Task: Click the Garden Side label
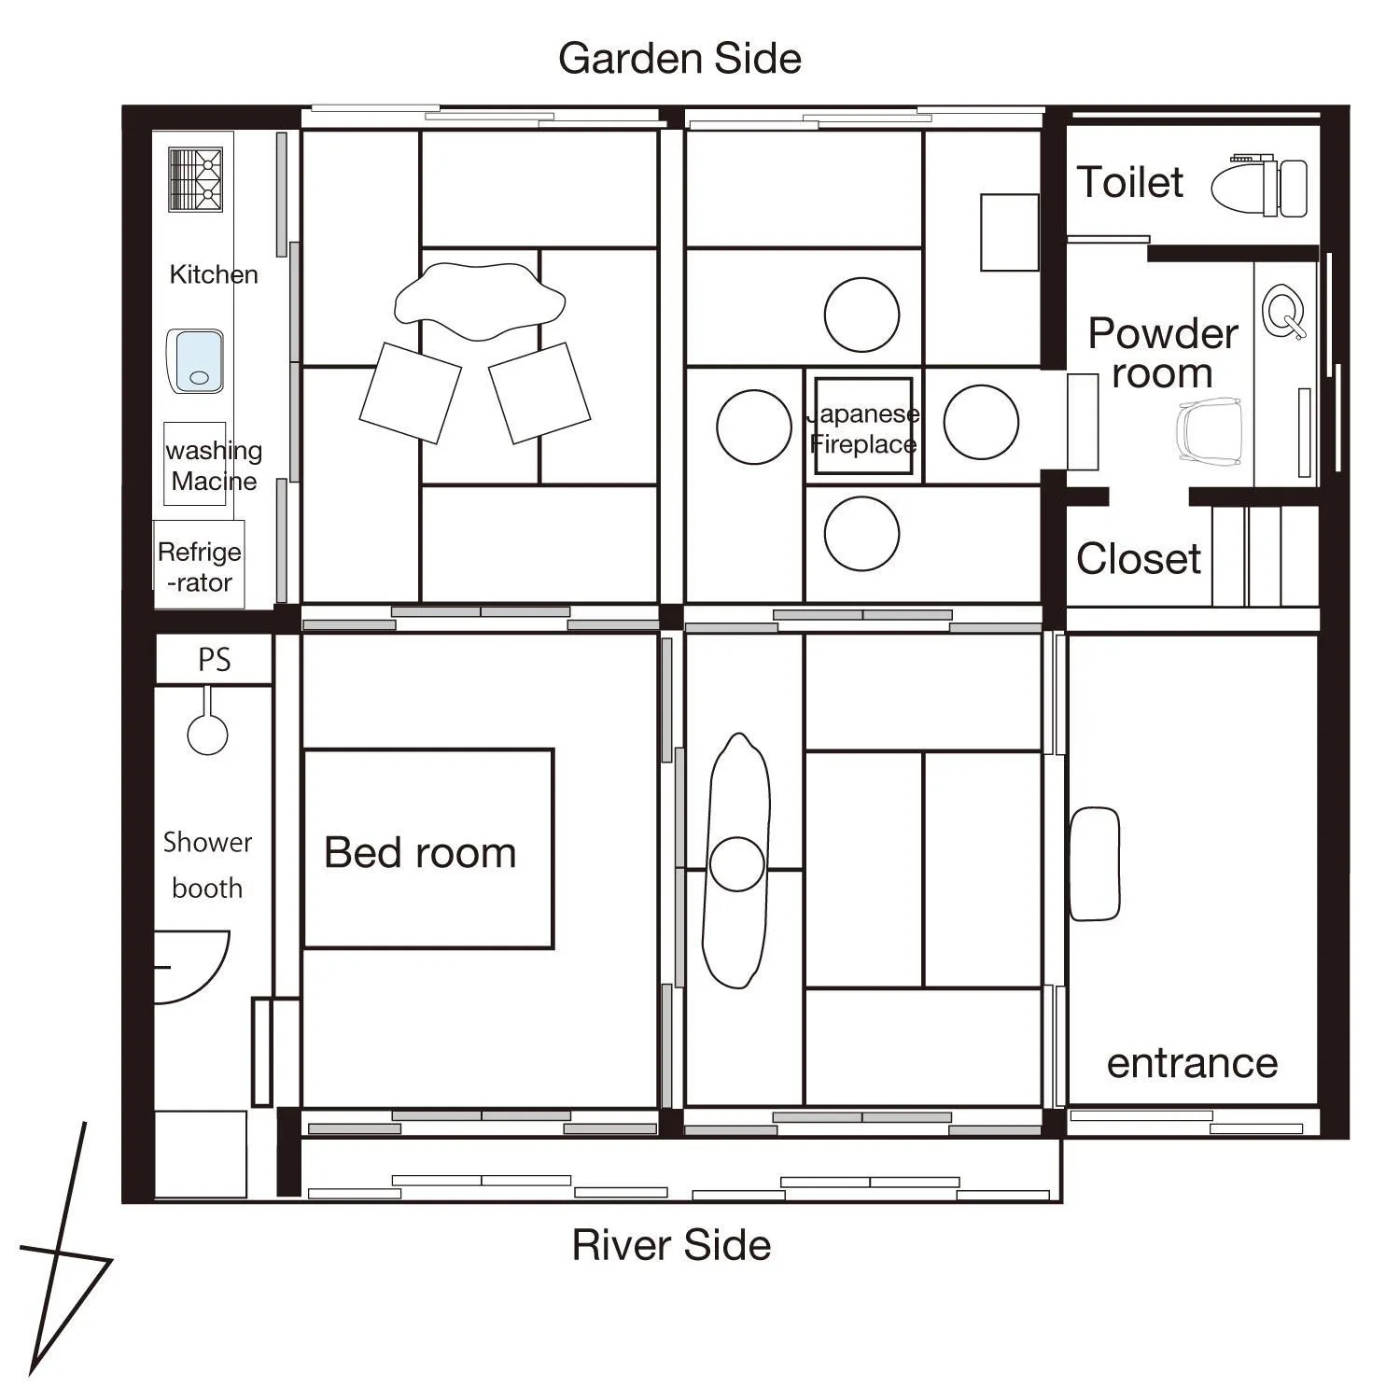(679, 59)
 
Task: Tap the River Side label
(671, 1245)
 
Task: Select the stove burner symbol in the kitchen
(195, 179)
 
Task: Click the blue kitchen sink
(195, 361)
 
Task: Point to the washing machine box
(195, 464)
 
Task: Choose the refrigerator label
(199, 566)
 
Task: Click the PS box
(214, 660)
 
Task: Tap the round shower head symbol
(207, 734)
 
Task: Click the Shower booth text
(207, 864)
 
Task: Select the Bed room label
(420, 852)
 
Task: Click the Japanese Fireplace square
(863, 427)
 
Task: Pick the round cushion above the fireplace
(861, 315)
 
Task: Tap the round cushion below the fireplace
(861, 533)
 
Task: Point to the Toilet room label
(1129, 182)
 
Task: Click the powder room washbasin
(1282, 312)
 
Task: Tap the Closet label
(1138, 559)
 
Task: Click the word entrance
(1192, 1063)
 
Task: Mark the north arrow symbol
(62, 1260)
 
